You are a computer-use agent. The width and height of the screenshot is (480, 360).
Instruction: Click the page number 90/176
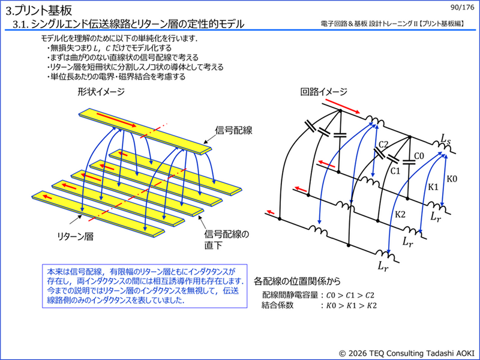(462, 7)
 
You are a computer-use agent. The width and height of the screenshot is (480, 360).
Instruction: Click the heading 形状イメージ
(101, 92)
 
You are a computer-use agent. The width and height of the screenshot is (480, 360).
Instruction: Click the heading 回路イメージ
(323, 92)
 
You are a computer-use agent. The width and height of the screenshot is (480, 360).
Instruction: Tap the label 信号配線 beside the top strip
(233, 130)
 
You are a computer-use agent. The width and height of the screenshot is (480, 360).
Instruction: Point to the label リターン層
(76, 236)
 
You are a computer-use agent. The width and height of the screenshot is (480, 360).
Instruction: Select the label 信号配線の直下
(227, 239)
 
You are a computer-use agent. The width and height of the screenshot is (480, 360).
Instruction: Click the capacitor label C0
(419, 156)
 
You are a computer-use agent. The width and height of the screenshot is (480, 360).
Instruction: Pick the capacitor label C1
(395, 171)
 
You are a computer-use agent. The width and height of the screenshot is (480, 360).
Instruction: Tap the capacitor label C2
(383, 144)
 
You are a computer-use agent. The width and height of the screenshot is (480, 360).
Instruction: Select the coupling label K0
(452, 178)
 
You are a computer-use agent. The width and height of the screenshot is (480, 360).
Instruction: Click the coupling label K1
(433, 187)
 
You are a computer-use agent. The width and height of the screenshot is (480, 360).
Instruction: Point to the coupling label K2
(400, 214)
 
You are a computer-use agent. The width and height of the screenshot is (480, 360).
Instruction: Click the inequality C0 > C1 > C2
(350, 295)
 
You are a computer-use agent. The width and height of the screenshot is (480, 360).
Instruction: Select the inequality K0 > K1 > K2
(351, 305)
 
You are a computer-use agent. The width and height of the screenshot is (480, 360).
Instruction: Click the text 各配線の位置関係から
(297, 281)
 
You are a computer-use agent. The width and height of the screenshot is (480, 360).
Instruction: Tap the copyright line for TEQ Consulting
(407, 353)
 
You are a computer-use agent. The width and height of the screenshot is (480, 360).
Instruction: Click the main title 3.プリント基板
(39, 11)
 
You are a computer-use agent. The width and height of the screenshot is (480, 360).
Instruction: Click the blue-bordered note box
(145, 286)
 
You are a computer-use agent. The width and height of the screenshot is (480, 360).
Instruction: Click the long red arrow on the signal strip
(116, 120)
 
